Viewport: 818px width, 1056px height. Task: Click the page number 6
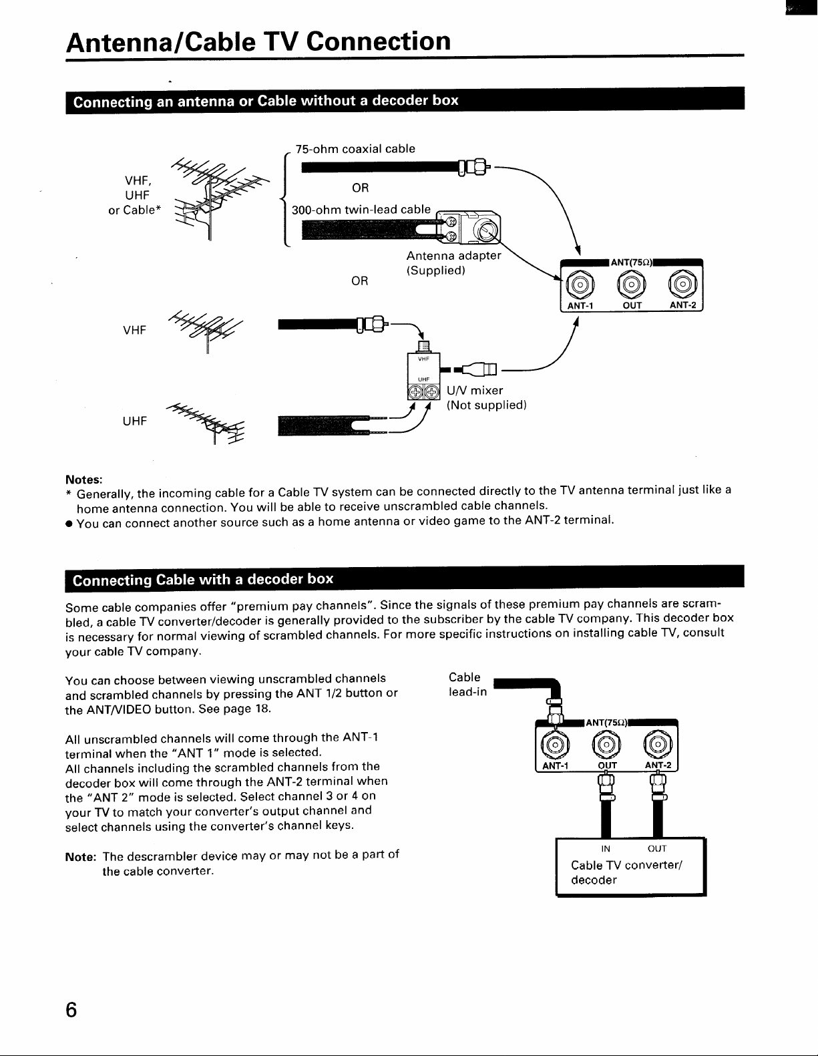click(x=71, y=1009)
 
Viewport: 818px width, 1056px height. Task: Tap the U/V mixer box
click(x=423, y=375)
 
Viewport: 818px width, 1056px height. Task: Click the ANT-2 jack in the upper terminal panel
click(x=682, y=285)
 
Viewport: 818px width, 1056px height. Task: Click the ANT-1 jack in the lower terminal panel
click(x=555, y=745)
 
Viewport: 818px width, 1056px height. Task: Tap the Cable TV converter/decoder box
click(x=630, y=866)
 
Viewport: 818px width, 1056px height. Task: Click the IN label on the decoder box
click(x=605, y=849)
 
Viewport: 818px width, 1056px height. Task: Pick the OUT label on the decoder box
click(x=656, y=849)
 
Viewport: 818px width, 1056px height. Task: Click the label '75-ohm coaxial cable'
click(x=355, y=149)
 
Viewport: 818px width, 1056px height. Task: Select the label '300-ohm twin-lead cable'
click(x=361, y=210)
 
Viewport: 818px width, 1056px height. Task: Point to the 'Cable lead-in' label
click(x=467, y=684)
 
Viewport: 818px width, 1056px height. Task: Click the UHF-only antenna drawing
click(x=206, y=422)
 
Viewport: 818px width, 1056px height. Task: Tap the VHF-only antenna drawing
click(x=206, y=331)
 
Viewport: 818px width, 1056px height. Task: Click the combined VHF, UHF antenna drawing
click(x=218, y=199)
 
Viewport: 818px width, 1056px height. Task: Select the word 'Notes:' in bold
click(x=84, y=480)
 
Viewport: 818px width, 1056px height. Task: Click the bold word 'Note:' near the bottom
click(x=81, y=857)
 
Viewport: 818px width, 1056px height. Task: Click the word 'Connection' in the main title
click(x=379, y=41)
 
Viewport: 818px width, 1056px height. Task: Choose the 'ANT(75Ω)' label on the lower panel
click(x=606, y=723)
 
